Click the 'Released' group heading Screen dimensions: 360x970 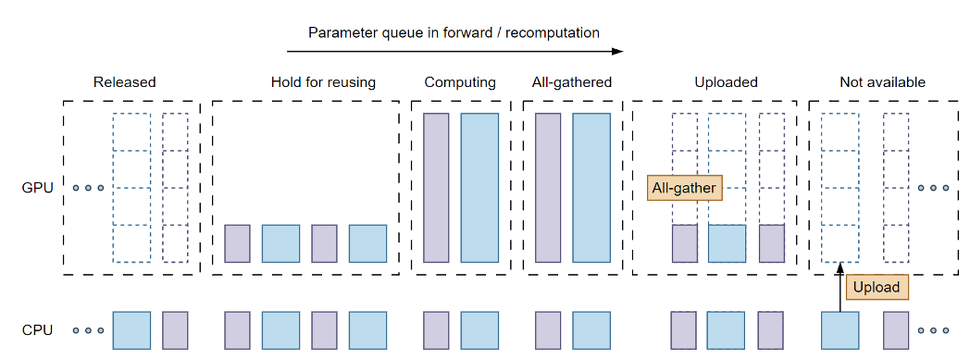point(124,82)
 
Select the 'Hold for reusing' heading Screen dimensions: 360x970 point(323,82)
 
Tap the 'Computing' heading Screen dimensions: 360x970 point(460,82)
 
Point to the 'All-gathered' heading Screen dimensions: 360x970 point(571,82)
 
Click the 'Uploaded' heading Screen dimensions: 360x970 point(726,82)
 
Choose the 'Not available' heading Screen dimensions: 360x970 point(882,82)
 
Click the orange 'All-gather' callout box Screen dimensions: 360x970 point(684,188)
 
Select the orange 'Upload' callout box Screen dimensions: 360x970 point(876,287)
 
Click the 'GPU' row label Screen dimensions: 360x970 point(38,188)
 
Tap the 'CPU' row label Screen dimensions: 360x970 point(38,329)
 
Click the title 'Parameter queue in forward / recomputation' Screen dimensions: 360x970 point(454,32)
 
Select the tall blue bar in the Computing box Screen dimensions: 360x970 point(479,188)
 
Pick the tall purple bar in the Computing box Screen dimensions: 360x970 point(436,188)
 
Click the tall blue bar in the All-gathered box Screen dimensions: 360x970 point(591,188)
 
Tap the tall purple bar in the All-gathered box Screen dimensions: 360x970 point(548,188)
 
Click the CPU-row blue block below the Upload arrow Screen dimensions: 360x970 point(839,329)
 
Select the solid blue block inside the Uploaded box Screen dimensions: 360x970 point(727,243)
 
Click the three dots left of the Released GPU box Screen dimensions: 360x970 point(88,188)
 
